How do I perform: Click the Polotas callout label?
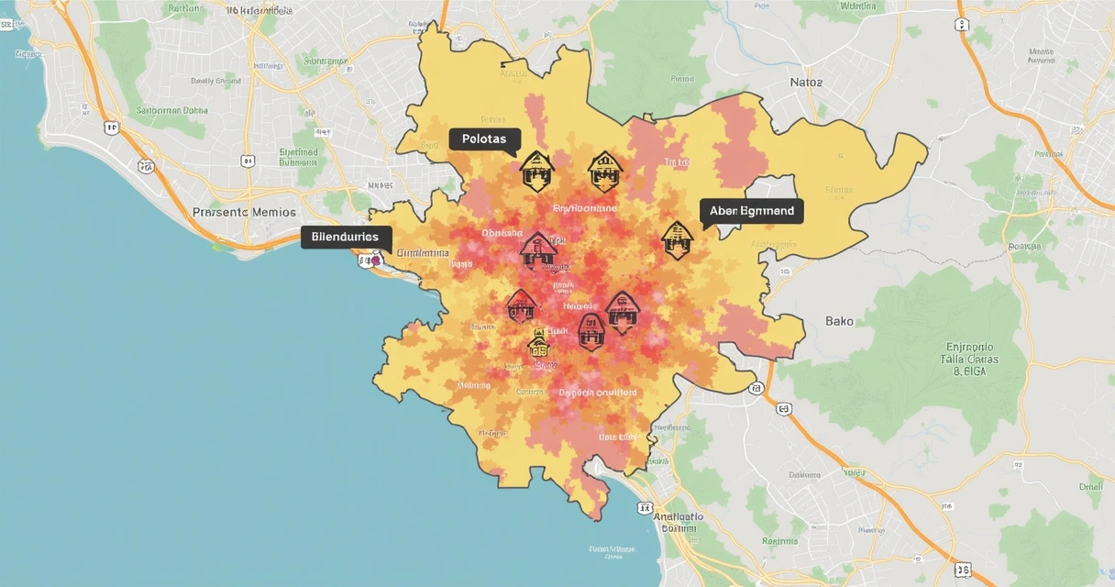click(484, 139)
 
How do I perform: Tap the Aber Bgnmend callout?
click(751, 211)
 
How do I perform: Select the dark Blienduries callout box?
click(345, 237)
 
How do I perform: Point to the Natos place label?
click(806, 83)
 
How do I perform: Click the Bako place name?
click(839, 321)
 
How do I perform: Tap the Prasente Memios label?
click(245, 212)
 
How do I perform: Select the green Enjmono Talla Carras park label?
click(969, 360)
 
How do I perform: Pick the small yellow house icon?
click(539, 344)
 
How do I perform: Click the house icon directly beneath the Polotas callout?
click(535, 171)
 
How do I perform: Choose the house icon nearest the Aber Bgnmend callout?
click(677, 239)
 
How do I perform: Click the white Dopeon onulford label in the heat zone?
click(598, 393)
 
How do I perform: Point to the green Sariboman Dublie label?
click(171, 111)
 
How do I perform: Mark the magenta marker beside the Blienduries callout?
click(375, 260)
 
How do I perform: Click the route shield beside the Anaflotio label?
click(646, 506)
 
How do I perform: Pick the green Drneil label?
click(1090, 488)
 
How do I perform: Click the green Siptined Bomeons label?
click(298, 157)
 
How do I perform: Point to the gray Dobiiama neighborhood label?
click(423, 253)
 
